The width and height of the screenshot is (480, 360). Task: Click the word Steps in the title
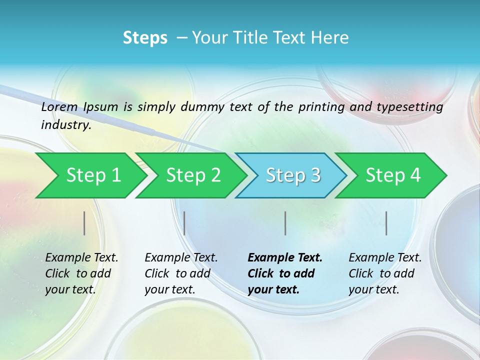pyautogui.click(x=145, y=38)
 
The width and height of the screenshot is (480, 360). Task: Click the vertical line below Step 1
pyautogui.click(x=84, y=223)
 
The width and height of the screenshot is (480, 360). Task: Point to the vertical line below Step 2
pyautogui.click(x=184, y=223)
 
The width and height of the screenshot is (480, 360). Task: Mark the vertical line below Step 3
pyautogui.click(x=285, y=223)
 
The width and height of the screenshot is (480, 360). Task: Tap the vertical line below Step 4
pyautogui.click(x=386, y=223)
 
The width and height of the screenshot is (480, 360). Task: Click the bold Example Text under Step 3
pyautogui.click(x=285, y=258)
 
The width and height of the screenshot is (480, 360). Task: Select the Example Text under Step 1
pyautogui.click(x=81, y=258)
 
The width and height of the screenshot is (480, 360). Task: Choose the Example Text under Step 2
pyautogui.click(x=181, y=258)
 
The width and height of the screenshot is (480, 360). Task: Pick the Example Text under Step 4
pyautogui.click(x=385, y=258)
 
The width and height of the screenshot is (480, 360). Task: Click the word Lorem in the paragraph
pyautogui.click(x=59, y=107)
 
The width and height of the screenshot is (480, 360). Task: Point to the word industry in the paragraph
pyautogui.click(x=65, y=125)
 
